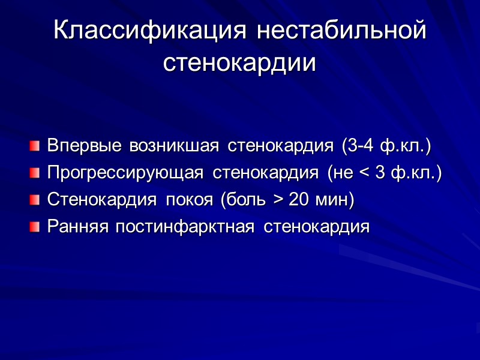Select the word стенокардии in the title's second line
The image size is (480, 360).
pos(239,62)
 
